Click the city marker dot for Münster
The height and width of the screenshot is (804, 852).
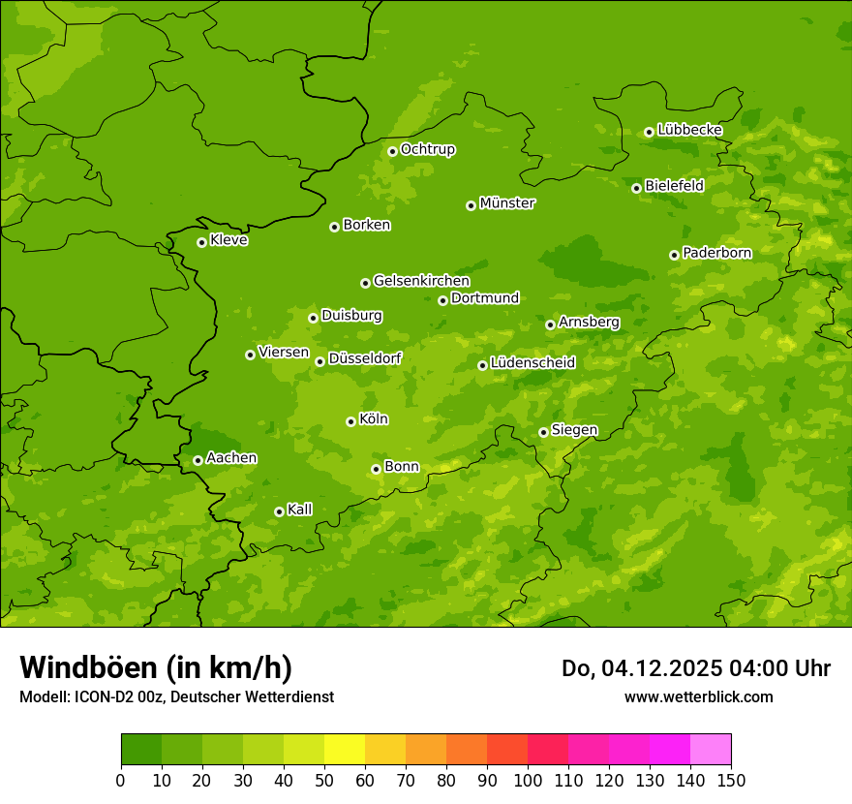coord(472,205)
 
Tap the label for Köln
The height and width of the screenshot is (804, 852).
coord(374,419)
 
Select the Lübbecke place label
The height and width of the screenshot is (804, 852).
coord(689,130)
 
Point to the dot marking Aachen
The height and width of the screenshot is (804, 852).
coord(198,460)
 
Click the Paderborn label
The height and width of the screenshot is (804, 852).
coord(716,253)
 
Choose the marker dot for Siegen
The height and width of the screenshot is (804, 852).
coord(543,432)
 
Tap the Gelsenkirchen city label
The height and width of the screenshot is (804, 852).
coord(421,281)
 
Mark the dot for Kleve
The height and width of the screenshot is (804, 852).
coord(201,242)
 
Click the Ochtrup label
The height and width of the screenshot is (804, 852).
coord(427,149)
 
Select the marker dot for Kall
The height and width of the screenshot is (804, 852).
coord(279,511)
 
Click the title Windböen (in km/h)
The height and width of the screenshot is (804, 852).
coord(156,667)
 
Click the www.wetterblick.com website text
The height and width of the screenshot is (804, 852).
coord(698,696)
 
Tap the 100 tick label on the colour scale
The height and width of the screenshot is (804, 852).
coord(528,779)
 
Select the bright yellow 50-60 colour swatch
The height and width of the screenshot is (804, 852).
coord(345,750)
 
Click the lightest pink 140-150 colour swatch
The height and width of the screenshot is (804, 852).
coord(711,750)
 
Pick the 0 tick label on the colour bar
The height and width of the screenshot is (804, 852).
coord(121,779)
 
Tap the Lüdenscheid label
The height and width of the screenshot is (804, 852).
coord(532,363)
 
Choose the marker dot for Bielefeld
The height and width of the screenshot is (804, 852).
coord(636,188)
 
